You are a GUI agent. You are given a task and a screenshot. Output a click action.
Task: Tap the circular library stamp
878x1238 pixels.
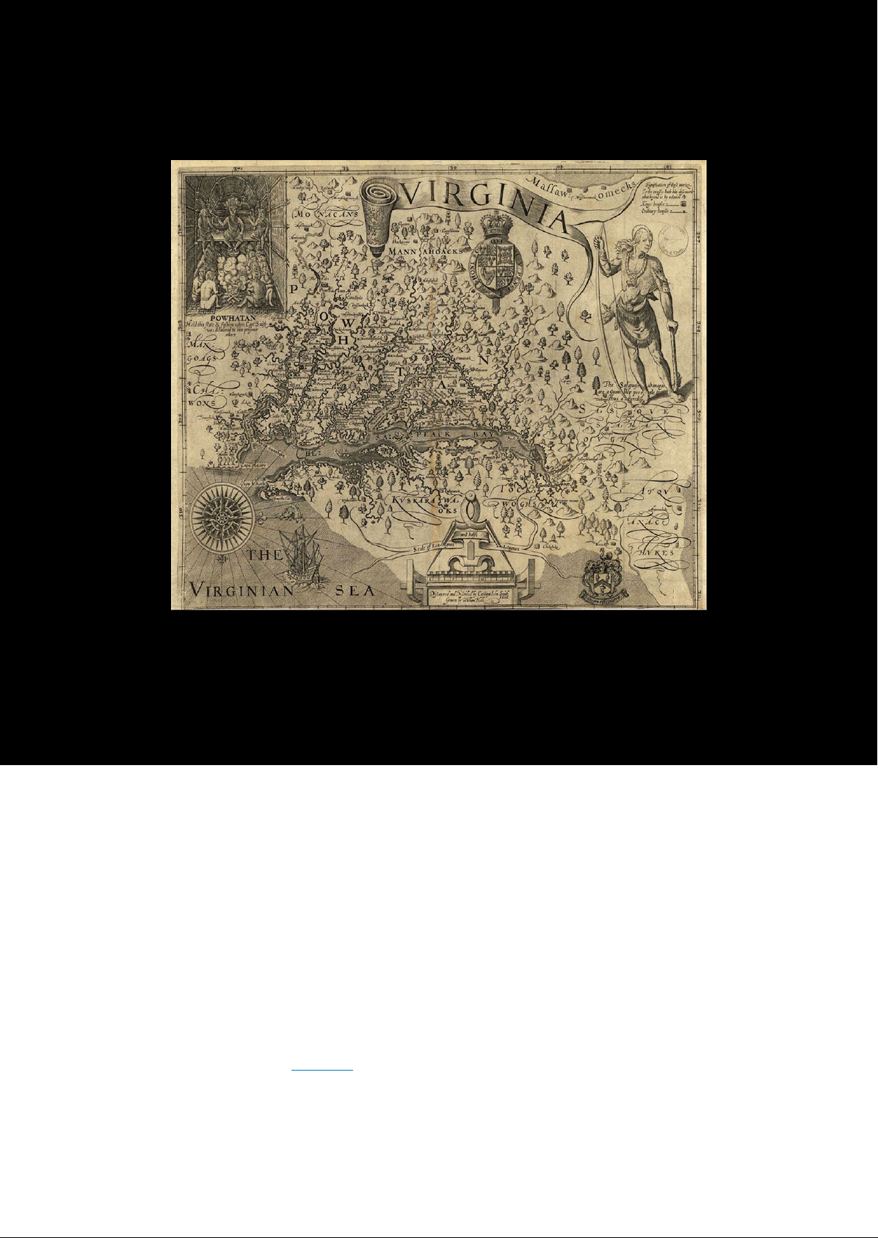click(672, 238)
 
